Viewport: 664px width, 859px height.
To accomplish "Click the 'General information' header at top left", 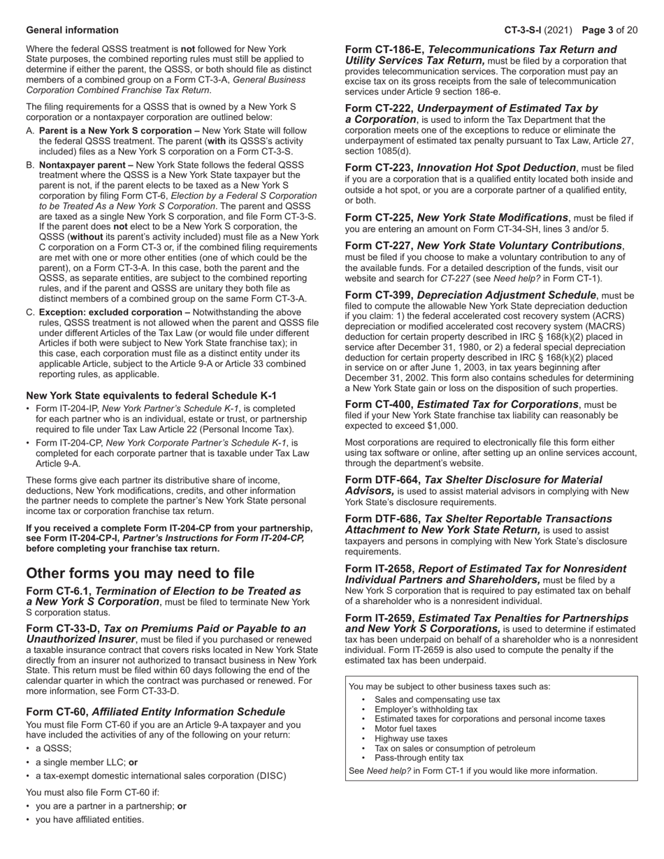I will [x=72, y=30].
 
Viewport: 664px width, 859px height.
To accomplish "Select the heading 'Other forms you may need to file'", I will [x=140, y=573].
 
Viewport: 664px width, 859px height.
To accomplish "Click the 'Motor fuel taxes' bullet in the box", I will [x=405, y=728].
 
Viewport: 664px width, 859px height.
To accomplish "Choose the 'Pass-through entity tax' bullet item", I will [x=419, y=758].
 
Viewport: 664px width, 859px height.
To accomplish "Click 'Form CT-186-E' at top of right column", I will [x=384, y=50].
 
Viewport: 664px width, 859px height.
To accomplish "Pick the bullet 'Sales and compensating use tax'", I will [x=438, y=699].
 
